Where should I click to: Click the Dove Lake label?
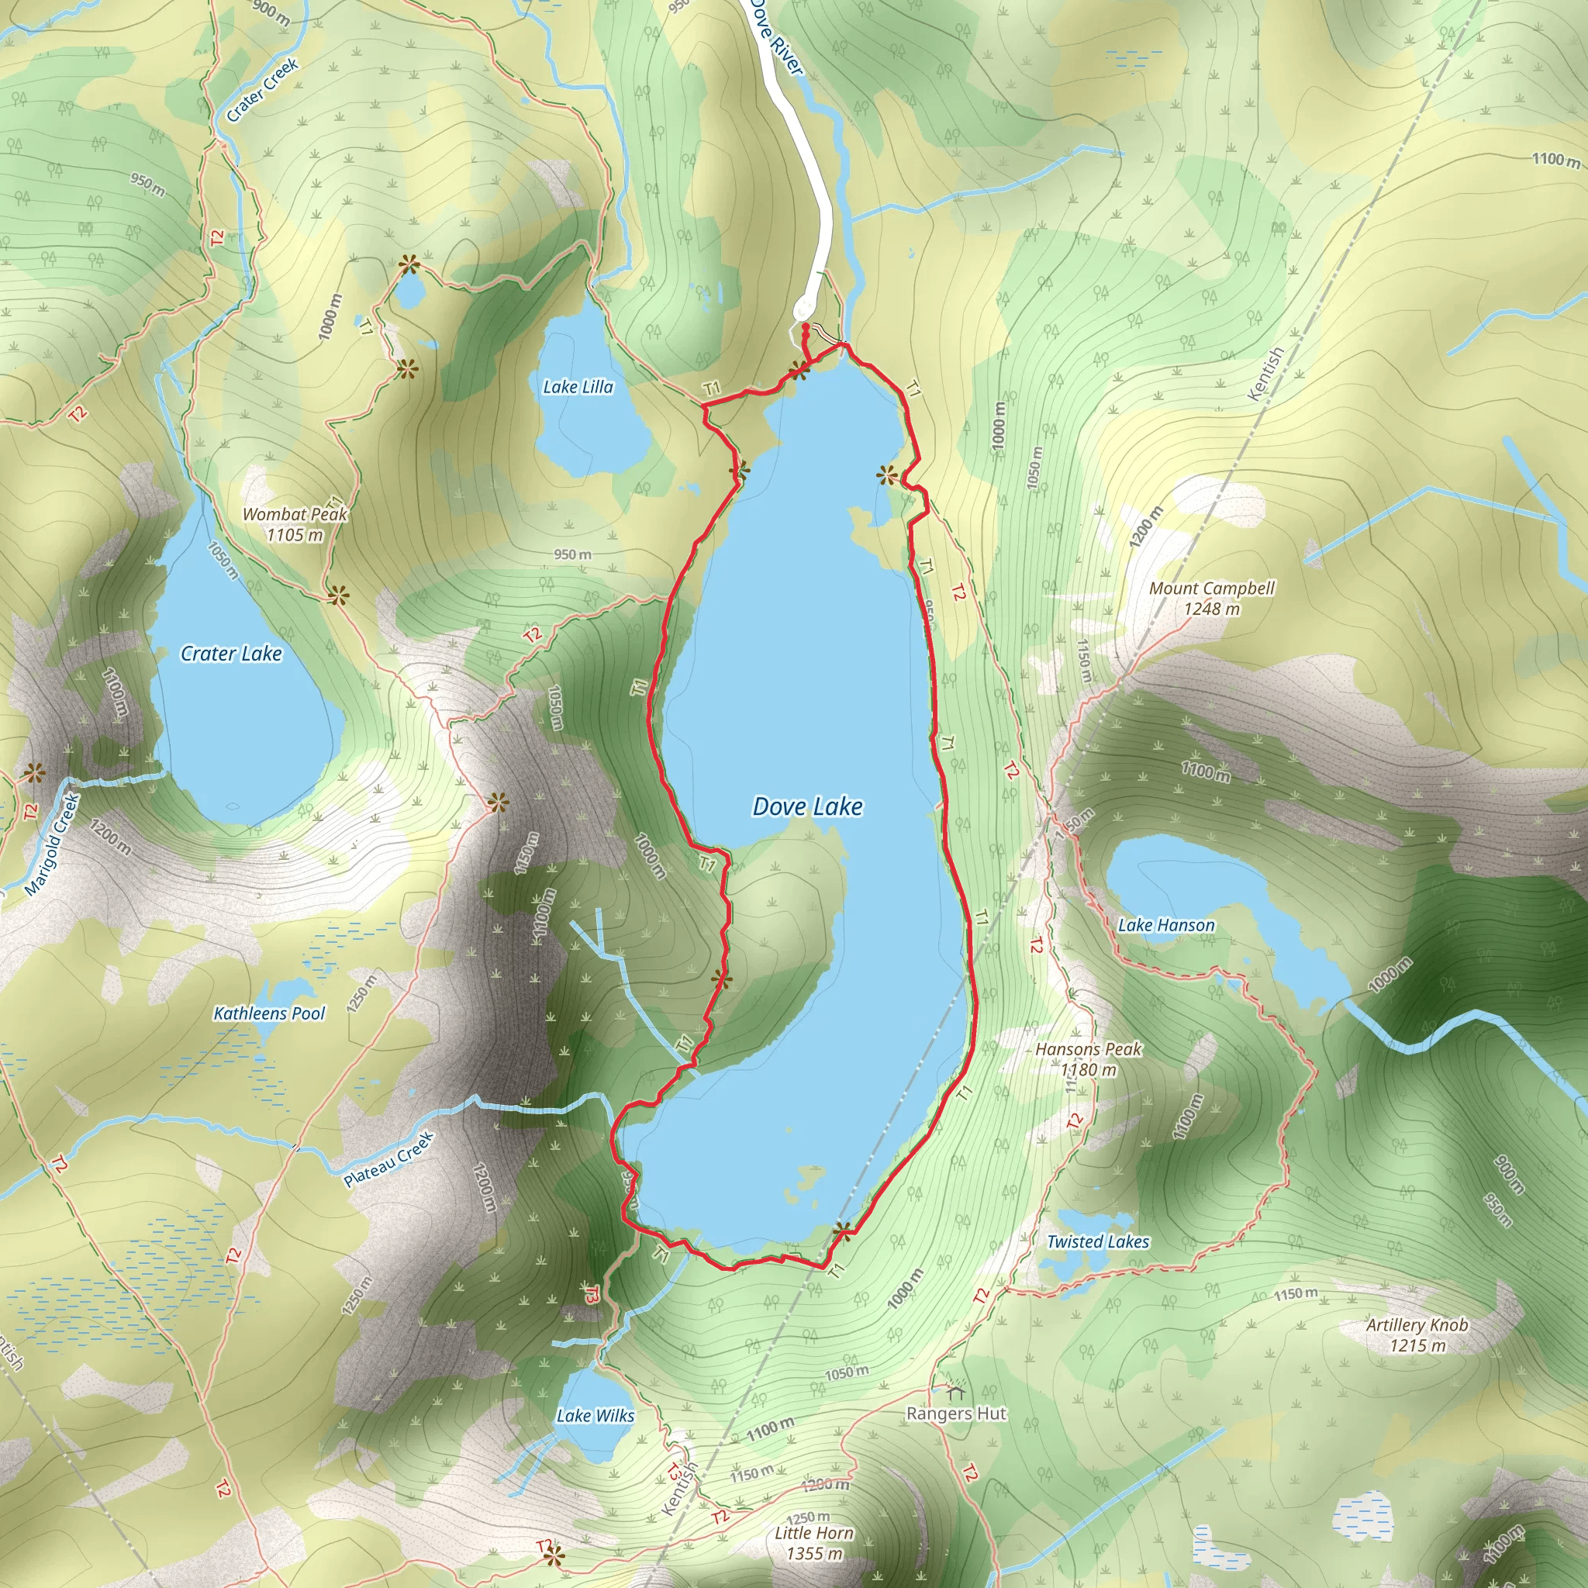[807, 806]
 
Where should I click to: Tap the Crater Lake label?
[231, 654]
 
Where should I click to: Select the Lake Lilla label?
[578, 386]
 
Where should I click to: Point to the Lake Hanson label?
[1165, 925]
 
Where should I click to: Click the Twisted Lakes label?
[1097, 1241]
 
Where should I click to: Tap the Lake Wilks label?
[595, 1415]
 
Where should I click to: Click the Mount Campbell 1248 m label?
[1212, 599]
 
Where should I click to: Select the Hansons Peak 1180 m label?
[1088, 1058]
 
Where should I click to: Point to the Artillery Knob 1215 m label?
[1417, 1335]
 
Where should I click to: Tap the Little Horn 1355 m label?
[813, 1543]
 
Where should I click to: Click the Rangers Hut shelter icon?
[955, 1391]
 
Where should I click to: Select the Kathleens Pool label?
[269, 1013]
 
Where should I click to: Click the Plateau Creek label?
[388, 1159]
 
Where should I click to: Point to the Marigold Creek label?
[52, 844]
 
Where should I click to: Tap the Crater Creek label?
[262, 91]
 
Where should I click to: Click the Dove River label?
[776, 37]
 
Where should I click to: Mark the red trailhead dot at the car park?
[806, 327]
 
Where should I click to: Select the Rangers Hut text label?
[956, 1414]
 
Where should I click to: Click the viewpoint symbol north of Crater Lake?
[337, 595]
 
